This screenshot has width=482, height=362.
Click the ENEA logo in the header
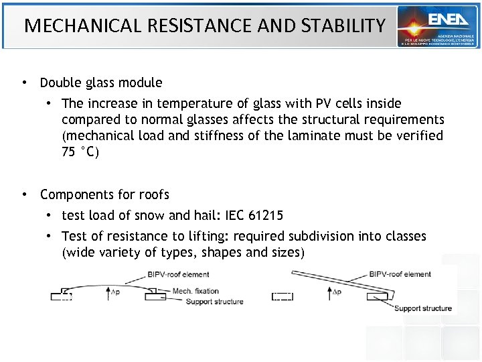(438, 26)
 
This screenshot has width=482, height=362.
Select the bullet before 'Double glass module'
(23, 83)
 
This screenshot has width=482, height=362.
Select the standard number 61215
(266, 215)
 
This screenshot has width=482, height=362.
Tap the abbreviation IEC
(232, 215)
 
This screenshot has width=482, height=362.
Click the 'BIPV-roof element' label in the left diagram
(179, 274)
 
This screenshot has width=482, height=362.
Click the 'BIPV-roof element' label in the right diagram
(400, 274)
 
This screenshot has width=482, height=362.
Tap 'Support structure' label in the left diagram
(215, 302)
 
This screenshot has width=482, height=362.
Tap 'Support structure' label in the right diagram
(422, 308)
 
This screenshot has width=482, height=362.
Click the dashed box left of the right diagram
(283, 296)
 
